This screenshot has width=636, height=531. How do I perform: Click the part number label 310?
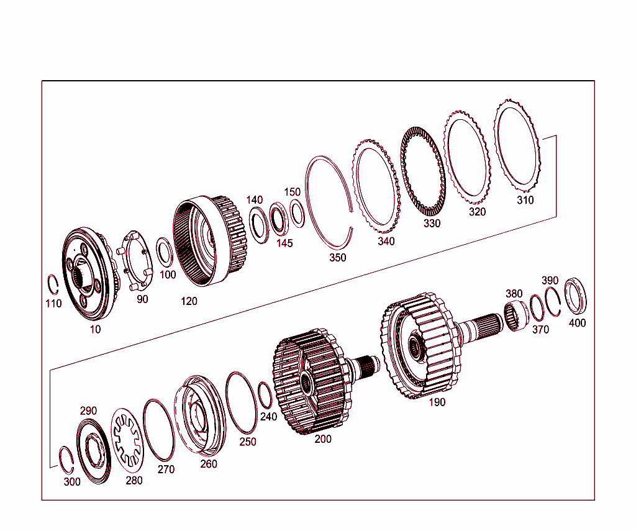coord(525,201)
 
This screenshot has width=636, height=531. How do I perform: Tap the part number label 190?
coord(437,402)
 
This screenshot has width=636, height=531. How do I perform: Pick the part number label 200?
coord(323,439)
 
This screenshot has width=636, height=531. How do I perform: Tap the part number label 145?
coord(284,243)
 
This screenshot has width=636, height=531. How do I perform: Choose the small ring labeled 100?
coord(165,252)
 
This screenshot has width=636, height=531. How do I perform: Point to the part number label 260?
coord(209,463)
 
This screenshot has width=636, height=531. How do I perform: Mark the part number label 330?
coord(432,223)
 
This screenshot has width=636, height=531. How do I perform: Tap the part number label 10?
coord(95,329)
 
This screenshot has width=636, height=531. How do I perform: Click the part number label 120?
coord(189,301)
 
